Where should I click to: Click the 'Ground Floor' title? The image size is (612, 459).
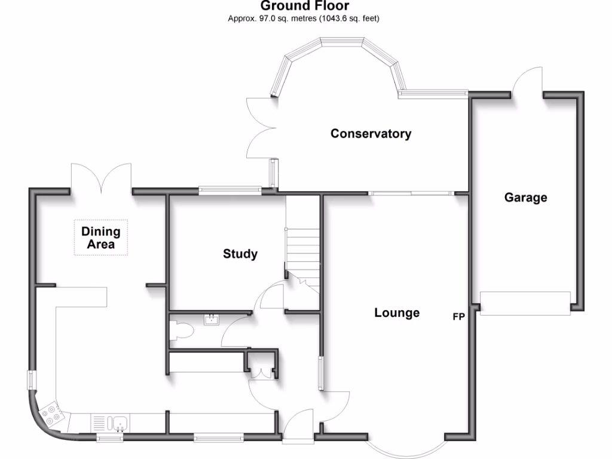click(304, 6)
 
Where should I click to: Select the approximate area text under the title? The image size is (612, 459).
click(304, 19)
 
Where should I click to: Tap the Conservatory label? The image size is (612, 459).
click(371, 133)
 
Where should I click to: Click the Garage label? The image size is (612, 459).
click(525, 197)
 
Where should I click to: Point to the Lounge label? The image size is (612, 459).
click(397, 313)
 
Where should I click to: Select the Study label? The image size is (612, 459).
click(240, 254)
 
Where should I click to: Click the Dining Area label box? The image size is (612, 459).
click(101, 238)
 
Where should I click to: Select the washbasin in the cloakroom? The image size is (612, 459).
click(212, 320)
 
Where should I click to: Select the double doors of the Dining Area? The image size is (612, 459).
click(101, 178)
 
